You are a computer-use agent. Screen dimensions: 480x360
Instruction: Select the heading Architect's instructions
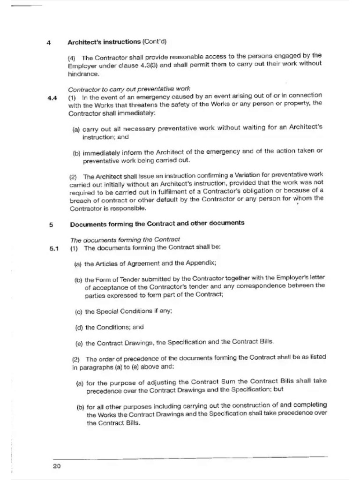click(x=104, y=42)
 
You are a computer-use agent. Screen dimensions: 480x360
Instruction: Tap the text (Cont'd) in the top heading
click(x=154, y=42)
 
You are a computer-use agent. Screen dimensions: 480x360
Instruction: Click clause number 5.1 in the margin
click(x=53, y=248)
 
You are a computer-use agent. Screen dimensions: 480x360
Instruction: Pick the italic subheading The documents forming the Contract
click(x=125, y=239)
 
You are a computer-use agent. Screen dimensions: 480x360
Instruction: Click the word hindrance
click(x=83, y=74)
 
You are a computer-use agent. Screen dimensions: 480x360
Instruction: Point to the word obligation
click(x=255, y=192)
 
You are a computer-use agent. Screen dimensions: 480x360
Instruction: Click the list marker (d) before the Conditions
click(x=79, y=327)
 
